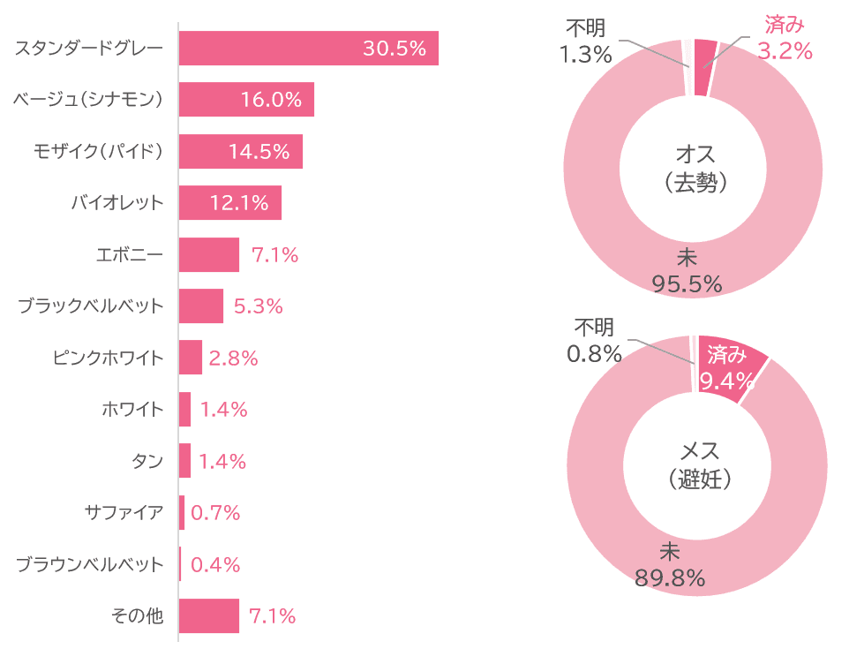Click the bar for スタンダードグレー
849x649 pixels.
pyautogui.click(x=308, y=49)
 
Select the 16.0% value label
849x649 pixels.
pyautogui.click(x=271, y=100)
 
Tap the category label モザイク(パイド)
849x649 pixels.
pyautogui.click(x=99, y=152)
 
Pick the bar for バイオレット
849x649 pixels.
pyautogui.click(x=229, y=203)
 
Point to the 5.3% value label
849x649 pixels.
pyautogui.click(x=258, y=306)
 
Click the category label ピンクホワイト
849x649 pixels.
pyautogui.click(x=109, y=358)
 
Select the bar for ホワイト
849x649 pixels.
pyautogui.click(x=184, y=410)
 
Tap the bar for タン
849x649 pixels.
pyautogui.click(x=184, y=461)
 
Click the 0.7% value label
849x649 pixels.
pyautogui.click(x=215, y=513)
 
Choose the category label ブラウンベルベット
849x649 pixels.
pyautogui.click(x=91, y=564)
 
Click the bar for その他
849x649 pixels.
pyautogui.click(x=208, y=616)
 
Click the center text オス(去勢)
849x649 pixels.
pyautogui.click(x=695, y=169)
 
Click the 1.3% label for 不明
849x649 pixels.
pyautogui.click(x=585, y=55)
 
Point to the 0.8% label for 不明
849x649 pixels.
pyautogui.click(x=594, y=354)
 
